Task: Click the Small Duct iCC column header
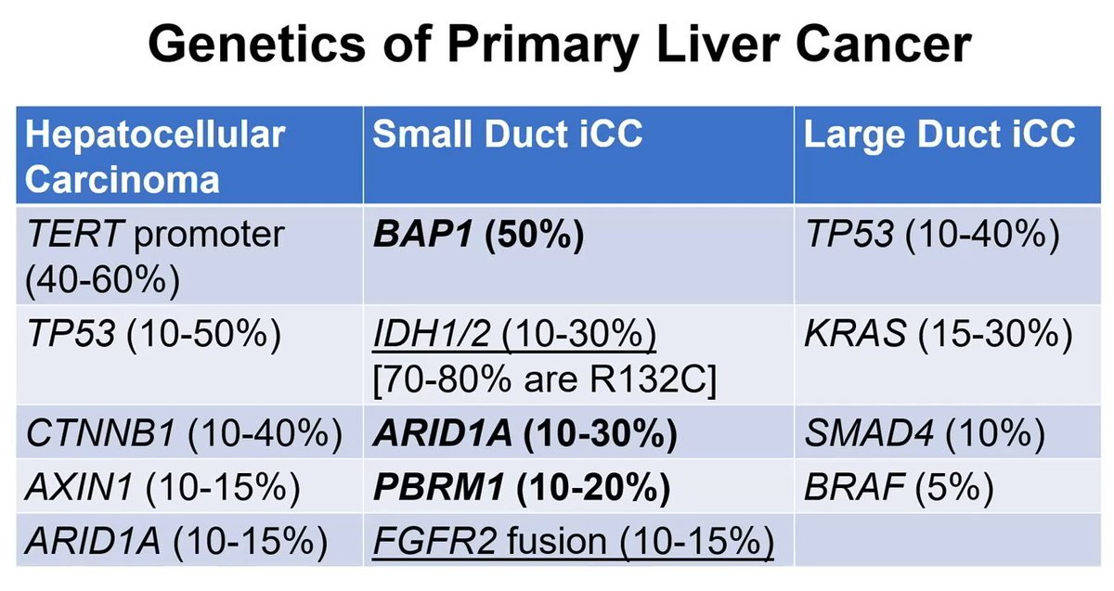click(508, 135)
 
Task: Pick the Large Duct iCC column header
click(939, 135)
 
